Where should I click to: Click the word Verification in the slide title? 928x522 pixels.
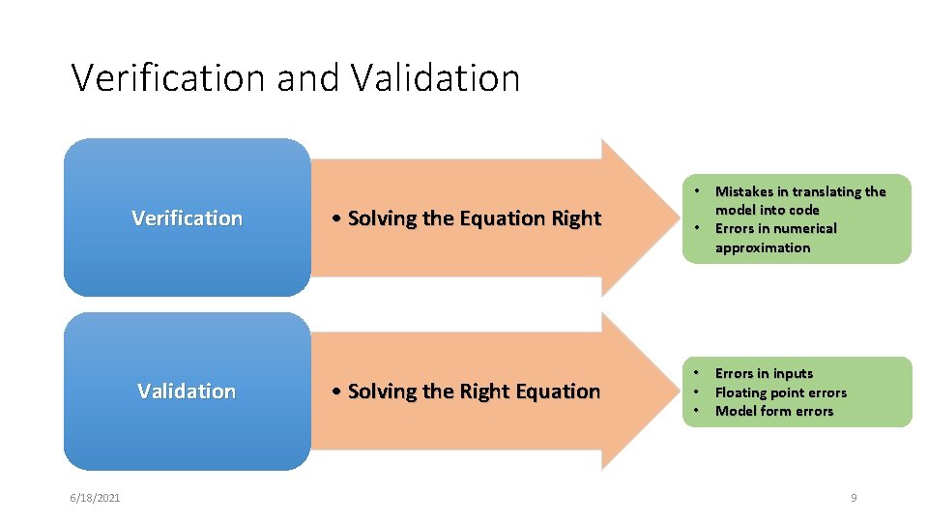pyautogui.click(x=169, y=77)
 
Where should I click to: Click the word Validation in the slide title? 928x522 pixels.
pyautogui.click(x=435, y=77)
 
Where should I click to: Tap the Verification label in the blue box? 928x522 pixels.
pyautogui.click(x=187, y=218)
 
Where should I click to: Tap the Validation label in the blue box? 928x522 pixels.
pyautogui.click(x=187, y=391)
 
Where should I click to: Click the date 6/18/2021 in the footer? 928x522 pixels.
pyautogui.click(x=95, y=497)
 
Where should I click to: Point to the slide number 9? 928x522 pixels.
pyautogui.click(x=854, y=497)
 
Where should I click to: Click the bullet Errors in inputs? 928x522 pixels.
pyautogui.click(x=764, y=373)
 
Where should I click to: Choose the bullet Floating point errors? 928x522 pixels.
pyautogui.click(x=780, y=392)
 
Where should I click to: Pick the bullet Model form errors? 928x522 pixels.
pyautogui.click(x=773, y=411)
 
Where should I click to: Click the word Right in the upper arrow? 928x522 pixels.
pyautogui.click(x=576, y=218)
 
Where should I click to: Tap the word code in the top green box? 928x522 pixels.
pyautogui.click(x=802, y=210)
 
